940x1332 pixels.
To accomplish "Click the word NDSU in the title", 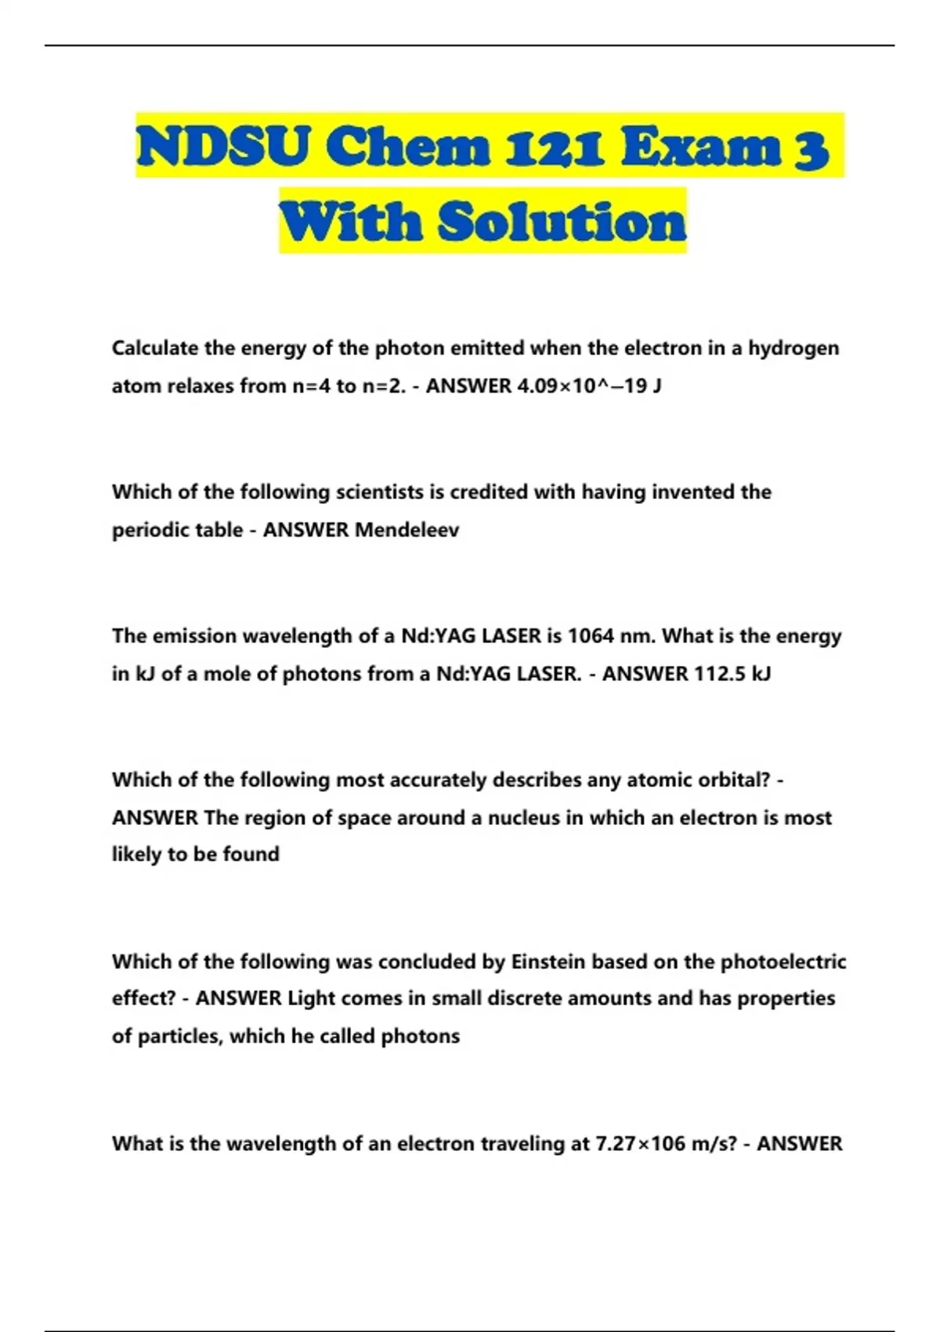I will click(x=222, y=147).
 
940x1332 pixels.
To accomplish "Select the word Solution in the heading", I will click(x=562, y=222).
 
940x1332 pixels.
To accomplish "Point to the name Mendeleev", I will click(x=407, y=530).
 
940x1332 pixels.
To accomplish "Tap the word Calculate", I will click(x=155, y=348).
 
